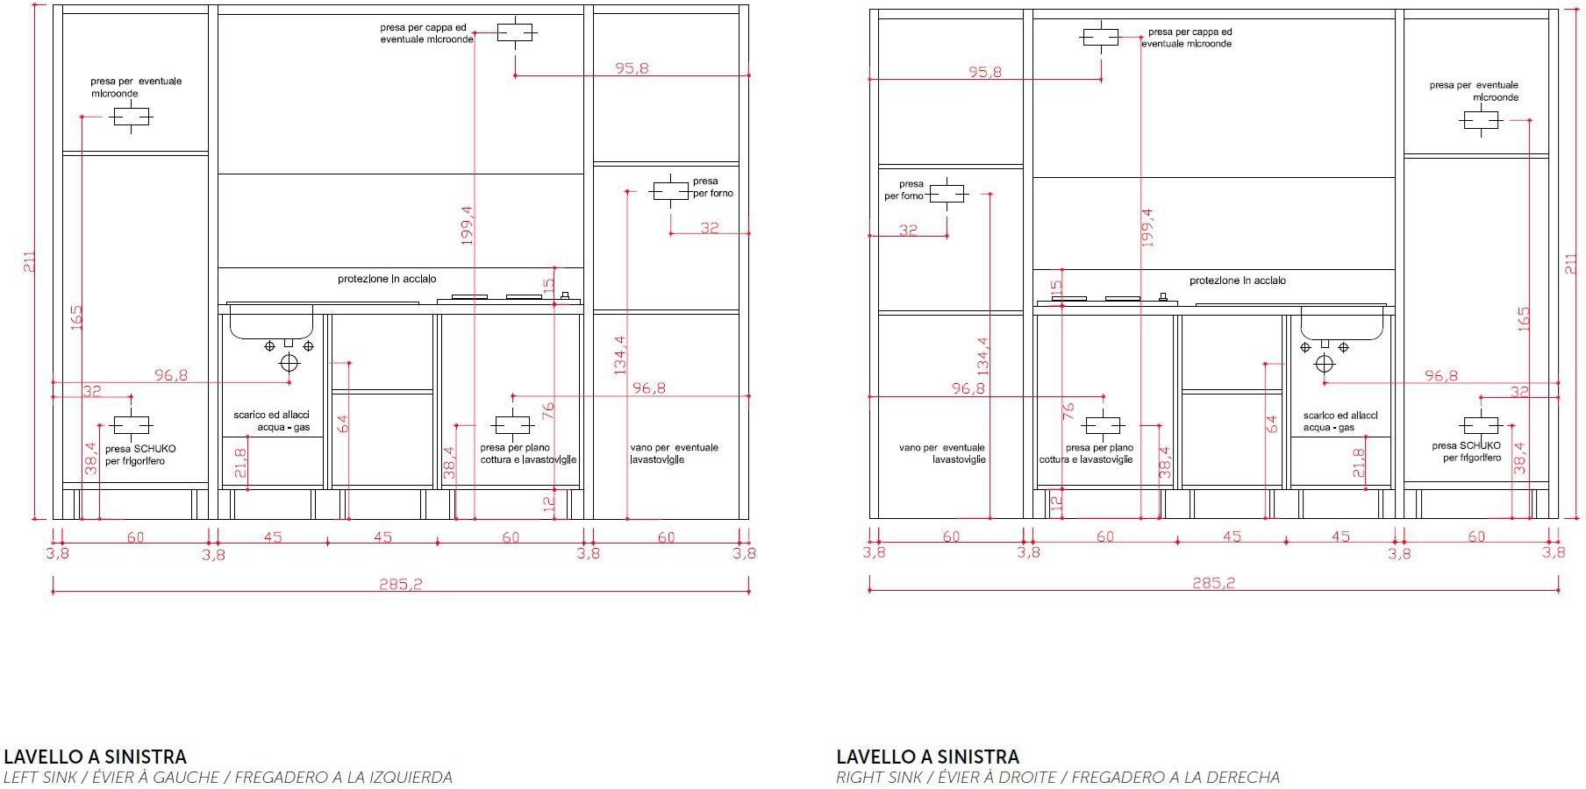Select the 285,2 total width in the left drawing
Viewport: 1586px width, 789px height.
(x=401, y=584)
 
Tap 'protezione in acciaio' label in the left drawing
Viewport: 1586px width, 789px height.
(x=387, y=280)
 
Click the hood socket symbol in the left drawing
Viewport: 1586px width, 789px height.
(x=515, y=33)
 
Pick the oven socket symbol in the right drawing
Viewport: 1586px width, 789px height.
(x=947, y=193)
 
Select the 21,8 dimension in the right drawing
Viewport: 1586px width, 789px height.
(x=1359, y=462)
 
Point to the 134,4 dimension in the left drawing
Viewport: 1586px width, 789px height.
(x=620, y=355)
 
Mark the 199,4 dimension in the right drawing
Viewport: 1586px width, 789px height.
(x=1147, y=226)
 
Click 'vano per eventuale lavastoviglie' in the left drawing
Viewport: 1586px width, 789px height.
(x=674, y=453)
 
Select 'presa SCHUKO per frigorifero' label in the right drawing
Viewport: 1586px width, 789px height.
(x=1467, y=451)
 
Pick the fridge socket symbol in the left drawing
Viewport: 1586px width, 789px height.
(x=131, y=426)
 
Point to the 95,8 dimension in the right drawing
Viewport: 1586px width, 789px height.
(x=985, y=72)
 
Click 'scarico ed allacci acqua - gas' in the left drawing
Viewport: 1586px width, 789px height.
(x=272, y=421)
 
